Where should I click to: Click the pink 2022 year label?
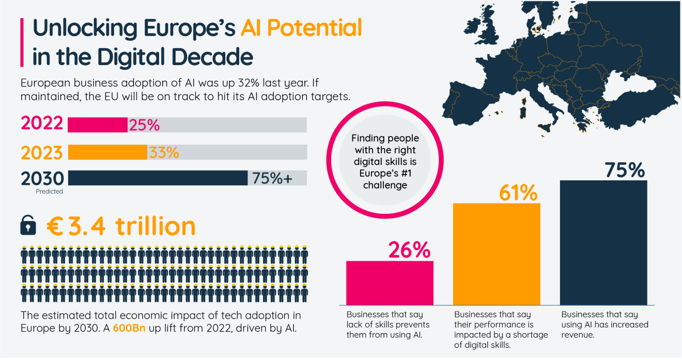coord(42,124)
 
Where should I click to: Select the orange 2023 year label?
coord(42,152)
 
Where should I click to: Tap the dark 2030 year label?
coord(42,179)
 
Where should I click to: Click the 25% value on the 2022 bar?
coord(144,125)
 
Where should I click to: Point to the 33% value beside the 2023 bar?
coord(164,152)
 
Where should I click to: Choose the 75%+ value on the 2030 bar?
coord(272,178)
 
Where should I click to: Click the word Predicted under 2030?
coord(49,192)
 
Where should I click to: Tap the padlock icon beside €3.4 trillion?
coord(28,225)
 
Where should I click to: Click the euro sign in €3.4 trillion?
coord(55,226)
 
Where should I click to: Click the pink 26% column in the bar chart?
coord(390,283)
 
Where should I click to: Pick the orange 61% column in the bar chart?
coord(497,254)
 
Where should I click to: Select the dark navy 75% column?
coord(603,242)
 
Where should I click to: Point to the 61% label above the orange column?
coord(518,193)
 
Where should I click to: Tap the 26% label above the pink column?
coord(409,250)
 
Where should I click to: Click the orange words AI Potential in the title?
coord(301,28)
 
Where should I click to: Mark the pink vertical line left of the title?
coord(22,42)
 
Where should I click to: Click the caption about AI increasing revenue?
coord(605,324)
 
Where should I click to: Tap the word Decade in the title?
coord(212,57)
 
